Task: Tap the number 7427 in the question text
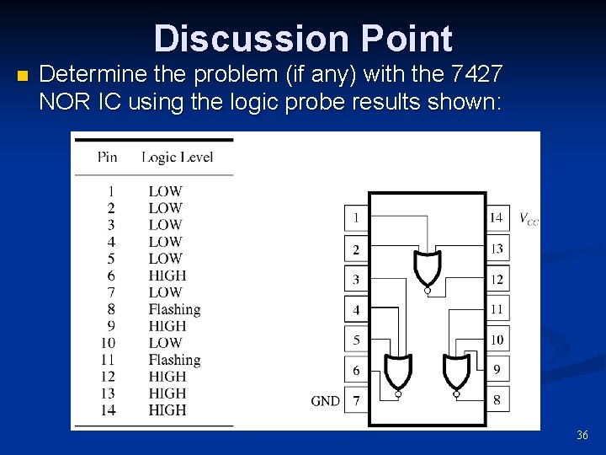[x=477, y=74]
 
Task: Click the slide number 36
[x=582, y=435]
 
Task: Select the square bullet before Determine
[x=22, y=77]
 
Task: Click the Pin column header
[x=107, y=157]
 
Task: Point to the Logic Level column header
[x=178, y=157]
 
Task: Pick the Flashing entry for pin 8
[x=174, y=309]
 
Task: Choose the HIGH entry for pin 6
[x=167, y=276]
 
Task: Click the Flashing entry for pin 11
[x=174, y=360]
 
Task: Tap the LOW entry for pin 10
[x=165, y=343]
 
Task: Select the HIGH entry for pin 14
[x=167, y=410]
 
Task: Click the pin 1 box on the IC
[x=356, y=218]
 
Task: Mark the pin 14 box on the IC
[x=497, y=218]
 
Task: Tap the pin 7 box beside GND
[x=356, y=400]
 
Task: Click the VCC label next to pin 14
[x=528, y=219]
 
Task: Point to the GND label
[x=325, y=401]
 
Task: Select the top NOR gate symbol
[x=427, y=268]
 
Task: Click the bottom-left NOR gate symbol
[x=397, y=372]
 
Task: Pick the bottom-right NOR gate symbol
[x=456, y=372]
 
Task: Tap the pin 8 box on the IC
[x=497, y=400]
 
